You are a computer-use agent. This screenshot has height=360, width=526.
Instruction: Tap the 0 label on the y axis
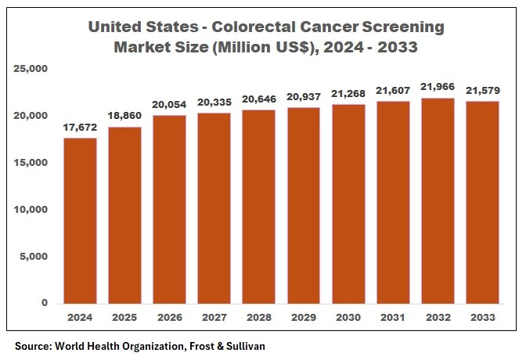[45, 303]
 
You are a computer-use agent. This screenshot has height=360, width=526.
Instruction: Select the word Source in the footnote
[34, 344]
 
